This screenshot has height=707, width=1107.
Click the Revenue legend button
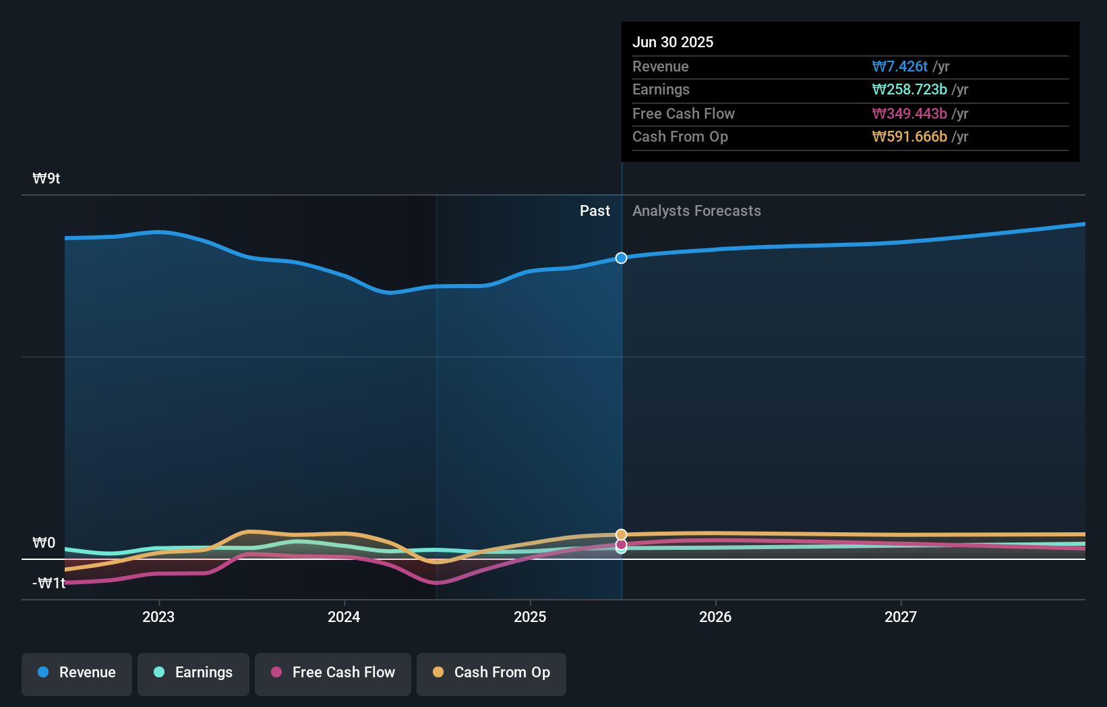coord(77,673)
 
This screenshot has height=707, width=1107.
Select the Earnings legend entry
coord(193,673)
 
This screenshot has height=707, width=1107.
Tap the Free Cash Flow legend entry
coord(333,673)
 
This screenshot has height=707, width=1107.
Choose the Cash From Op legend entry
coord(491,673)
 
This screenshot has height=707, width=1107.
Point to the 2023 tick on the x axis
coord(158,617)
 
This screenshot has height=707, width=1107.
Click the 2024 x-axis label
coord(344,617)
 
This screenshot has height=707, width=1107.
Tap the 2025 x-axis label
coord(530,617)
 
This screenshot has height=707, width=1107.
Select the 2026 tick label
coord(715,617)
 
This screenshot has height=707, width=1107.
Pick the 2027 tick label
coord(901,617)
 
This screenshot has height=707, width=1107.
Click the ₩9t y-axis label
coord(47,179)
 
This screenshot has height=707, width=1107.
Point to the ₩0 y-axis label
coord(44,543)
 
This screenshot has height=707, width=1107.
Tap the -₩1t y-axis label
coord(49,584)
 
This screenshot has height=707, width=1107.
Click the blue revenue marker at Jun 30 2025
coord(621,258)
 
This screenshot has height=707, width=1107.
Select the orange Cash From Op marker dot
coord(621,534)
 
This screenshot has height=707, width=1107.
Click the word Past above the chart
coord(595,211)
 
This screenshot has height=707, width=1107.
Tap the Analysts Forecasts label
coord(696,211)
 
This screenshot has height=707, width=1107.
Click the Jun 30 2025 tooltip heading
coord(673,42)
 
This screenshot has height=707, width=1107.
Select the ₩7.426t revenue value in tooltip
coord(900,66)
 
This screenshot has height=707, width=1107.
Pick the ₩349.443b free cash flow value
coord(909,113)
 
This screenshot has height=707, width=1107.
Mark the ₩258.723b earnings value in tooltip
coord(909,90)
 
